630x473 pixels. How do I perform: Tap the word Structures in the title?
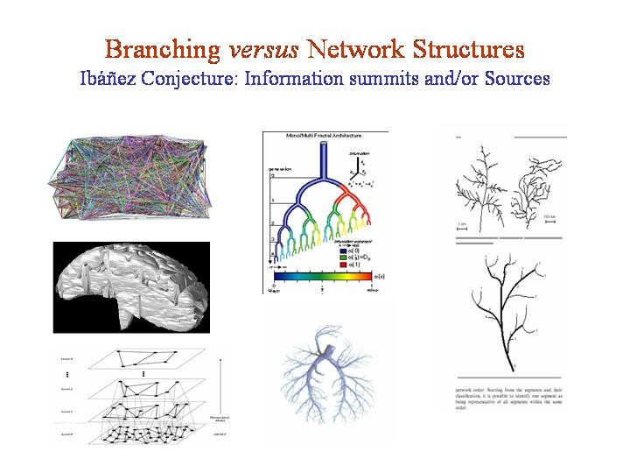pos(465,48)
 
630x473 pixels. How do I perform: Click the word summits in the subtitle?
pos(383,78)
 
